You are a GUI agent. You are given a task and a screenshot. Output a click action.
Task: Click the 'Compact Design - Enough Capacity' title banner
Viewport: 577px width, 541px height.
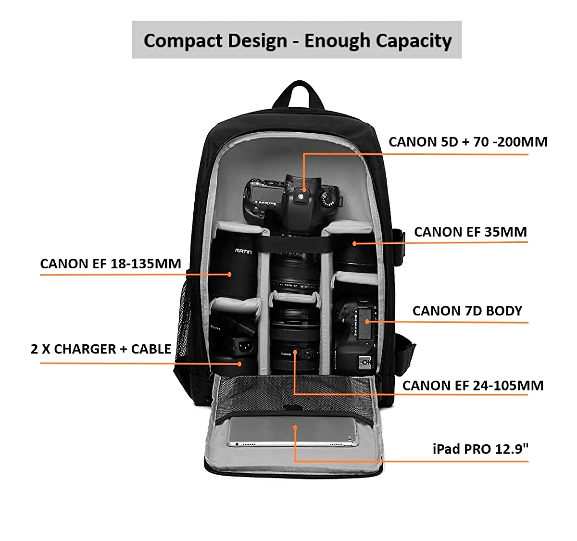tap(297, 40)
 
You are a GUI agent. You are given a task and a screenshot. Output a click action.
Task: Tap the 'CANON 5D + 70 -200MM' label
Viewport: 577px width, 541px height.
tap(468, 142)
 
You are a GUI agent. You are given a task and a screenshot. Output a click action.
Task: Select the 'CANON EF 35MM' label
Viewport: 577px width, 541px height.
tap(470, 232)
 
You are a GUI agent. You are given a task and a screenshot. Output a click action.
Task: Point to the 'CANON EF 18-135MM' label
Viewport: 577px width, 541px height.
tap(111, 264)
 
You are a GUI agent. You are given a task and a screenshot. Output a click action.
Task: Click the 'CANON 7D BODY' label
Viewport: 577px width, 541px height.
tap(467, 311)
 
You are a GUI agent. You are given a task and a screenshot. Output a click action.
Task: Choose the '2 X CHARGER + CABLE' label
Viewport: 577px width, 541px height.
tap(101, 349)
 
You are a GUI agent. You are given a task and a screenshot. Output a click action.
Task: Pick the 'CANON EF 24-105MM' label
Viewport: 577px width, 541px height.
tap(473, 386)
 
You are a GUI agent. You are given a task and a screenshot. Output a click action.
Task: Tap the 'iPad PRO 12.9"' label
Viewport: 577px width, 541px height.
tap(480, 449)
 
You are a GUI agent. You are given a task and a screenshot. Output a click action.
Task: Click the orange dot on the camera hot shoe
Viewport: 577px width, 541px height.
tap(304, 190)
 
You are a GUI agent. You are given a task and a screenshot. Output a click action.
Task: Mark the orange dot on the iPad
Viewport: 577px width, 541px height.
tap(295, 427)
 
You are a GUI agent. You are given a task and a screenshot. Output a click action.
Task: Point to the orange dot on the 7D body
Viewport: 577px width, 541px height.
tap(367, 322)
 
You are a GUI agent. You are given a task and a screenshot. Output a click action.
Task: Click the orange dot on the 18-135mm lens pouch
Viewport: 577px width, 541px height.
tap(229, 274)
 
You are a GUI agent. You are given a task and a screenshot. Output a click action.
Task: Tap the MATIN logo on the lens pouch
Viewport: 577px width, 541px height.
tap(243, 251)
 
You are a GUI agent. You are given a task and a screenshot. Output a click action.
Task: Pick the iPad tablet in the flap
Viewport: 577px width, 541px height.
tap(292, 432)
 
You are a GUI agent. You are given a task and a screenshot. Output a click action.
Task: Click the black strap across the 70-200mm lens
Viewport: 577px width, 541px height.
tap(294, 244)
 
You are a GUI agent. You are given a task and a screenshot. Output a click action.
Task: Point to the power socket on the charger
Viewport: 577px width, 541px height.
tap(245, 346)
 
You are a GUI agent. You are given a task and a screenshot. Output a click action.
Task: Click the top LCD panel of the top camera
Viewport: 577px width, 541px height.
tap(267, 194)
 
